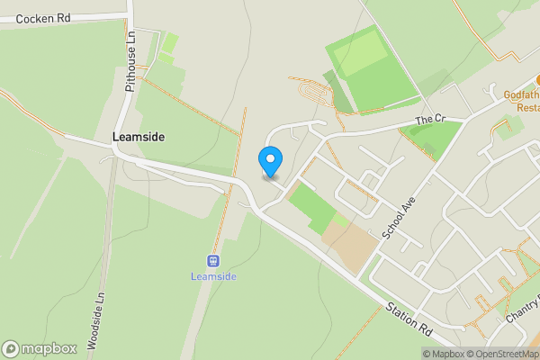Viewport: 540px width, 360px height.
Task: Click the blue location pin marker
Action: coord(270,161)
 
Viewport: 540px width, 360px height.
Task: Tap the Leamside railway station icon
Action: coord(213,262)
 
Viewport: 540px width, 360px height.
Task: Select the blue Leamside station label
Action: coord(213,276)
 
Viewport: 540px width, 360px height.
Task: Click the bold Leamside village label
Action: coord(138,138)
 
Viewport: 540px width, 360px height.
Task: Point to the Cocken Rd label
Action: coord(42,18)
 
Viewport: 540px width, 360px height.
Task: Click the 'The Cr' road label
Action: coord(430,120)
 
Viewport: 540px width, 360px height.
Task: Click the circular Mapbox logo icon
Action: coord(11,349)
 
